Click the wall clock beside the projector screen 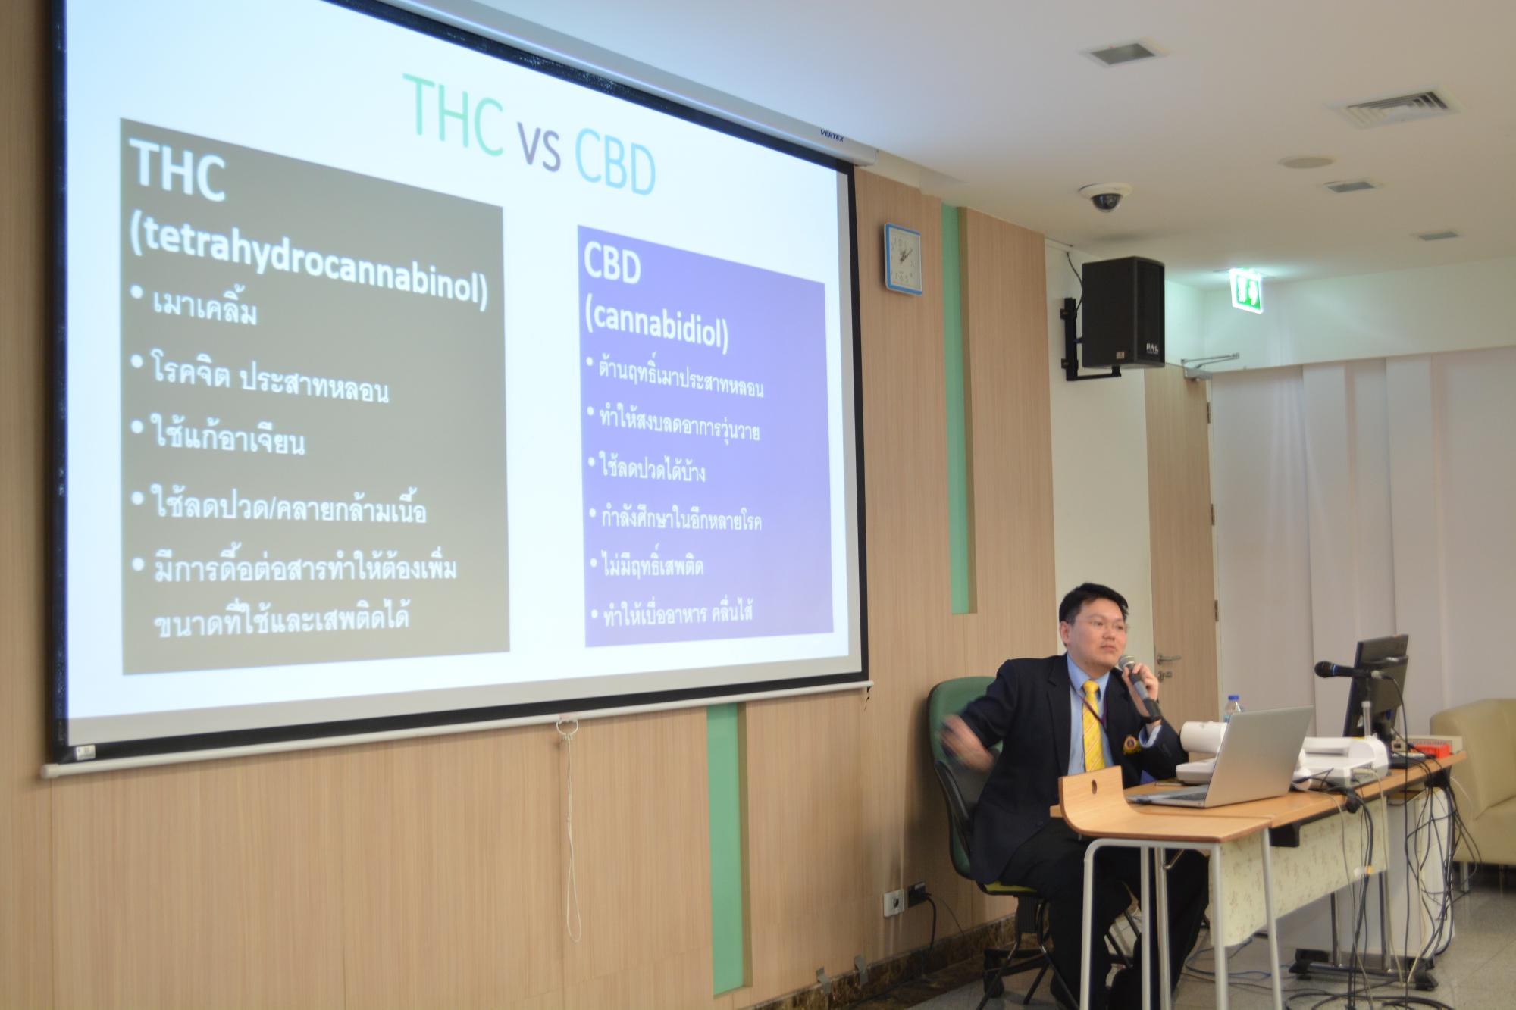(901, 257)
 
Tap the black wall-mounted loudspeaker (1122, 312)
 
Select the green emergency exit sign (1245, 289)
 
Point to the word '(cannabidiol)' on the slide (656, 327)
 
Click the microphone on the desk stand (1341, 671)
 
